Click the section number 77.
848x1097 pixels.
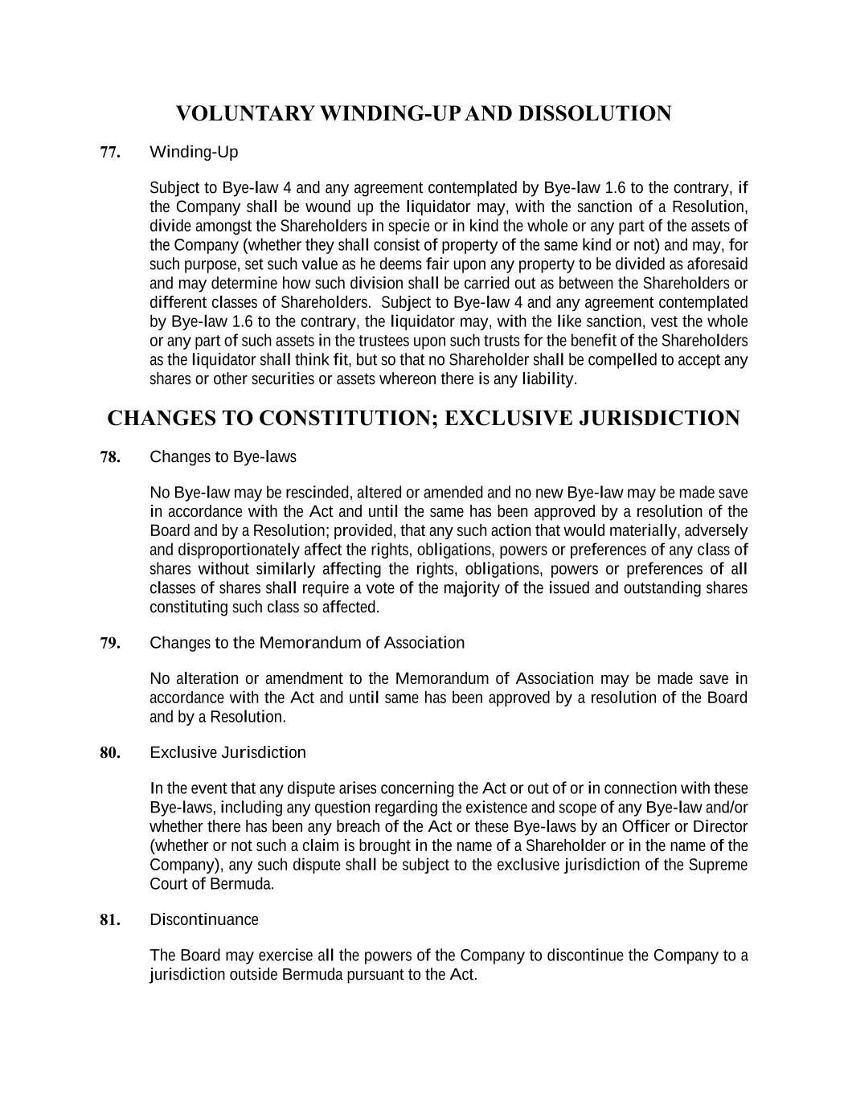click(110, 152)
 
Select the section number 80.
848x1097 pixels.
click(110, 753)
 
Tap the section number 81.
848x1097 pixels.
click(110, 920)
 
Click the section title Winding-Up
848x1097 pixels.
click(194, 152)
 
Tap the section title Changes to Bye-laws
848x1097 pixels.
click(223, 457)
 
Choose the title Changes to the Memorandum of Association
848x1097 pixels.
click(307, 643)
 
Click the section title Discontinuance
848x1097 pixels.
click(204, 919)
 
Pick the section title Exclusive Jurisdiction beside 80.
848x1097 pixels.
click(227, 753)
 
